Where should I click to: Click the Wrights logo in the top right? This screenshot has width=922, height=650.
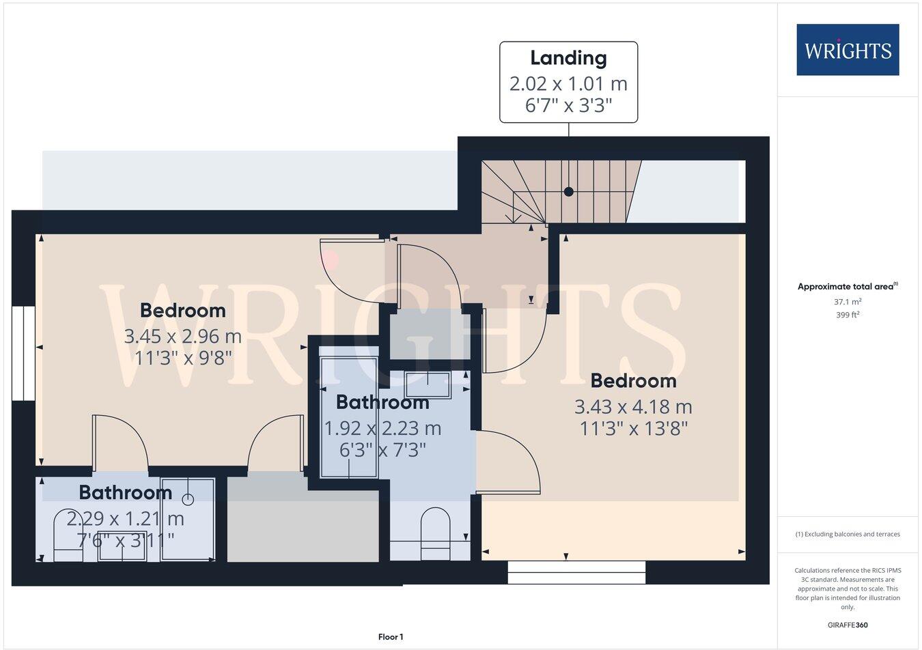pyautogui.click(x=848, y=50)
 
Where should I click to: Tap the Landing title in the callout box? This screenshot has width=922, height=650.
pyautogui.click(x=568, y=58)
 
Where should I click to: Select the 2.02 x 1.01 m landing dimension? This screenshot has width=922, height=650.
pyautogui.click(x=568, y=83)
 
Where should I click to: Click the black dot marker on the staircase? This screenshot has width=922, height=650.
pyautogui.click(x=568, y=192)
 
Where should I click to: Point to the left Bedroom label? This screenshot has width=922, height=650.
pyautogui.click(x=182, y=310)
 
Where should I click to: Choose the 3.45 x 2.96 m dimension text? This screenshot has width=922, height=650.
pyautogui.click(x=182, y=336)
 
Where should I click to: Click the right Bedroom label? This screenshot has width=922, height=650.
pyautogui.click(x=633, y=380)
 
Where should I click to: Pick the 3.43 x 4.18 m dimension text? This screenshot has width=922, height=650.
pyautogui.click(x=633, y=407)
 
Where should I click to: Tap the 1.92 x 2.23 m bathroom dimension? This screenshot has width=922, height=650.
pyautogui.click(x=382, y=428)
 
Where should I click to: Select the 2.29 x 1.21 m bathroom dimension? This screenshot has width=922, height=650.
pyautogui.click(x=125, y=519)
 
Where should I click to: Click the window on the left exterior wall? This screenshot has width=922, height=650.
pyautogui.click(x=23, y=352)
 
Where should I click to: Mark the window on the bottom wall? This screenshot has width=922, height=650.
pyautogui.click(x=576, y=572)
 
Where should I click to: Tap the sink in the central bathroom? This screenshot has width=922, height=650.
pyautogui.click(x=428, y=384)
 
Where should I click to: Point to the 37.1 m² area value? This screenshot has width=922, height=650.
pyautogui.click(x=848, y=301)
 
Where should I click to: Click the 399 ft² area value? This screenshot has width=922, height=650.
pyautogui.click(x=848, y=315)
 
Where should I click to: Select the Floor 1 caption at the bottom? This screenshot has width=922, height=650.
pyautogui.click(x=391, y=637)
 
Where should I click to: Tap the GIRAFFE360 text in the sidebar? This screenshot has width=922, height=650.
pyautogui.click(x=848, y=624)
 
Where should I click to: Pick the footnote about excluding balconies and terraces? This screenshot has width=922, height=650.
pyautogui.click(x=848, y=534)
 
